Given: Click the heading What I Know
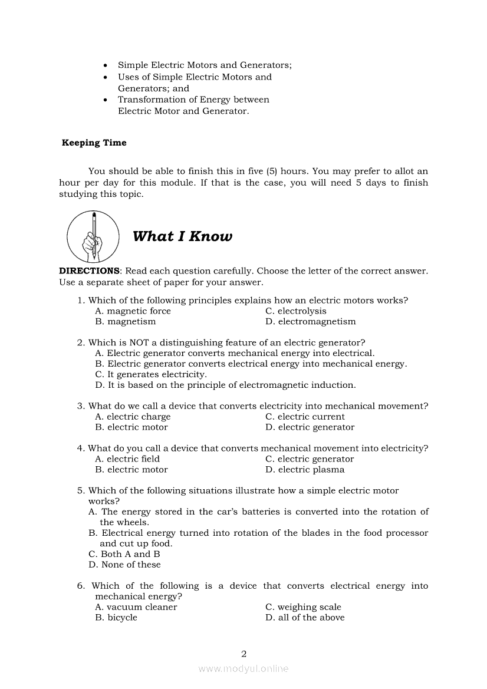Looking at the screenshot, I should [182, 236].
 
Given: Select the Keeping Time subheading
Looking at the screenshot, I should [94, 143].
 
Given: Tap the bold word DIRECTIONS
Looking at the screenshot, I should [89, 271].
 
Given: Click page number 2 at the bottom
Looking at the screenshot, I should [244, 653].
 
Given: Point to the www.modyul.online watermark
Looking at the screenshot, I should [244, 668].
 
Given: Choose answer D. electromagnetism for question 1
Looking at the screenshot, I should [311, 322].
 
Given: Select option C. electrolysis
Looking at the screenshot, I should [295, 311].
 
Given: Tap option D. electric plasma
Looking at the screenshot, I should [305, 470].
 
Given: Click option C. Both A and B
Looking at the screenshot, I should [124, 554].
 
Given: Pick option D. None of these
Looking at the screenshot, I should [124, 565].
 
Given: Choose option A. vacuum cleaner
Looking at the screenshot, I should [136, 607].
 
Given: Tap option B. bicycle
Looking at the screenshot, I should [116, 618].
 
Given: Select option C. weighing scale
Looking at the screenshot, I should [303, 607].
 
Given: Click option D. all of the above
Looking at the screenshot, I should [305, 618].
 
